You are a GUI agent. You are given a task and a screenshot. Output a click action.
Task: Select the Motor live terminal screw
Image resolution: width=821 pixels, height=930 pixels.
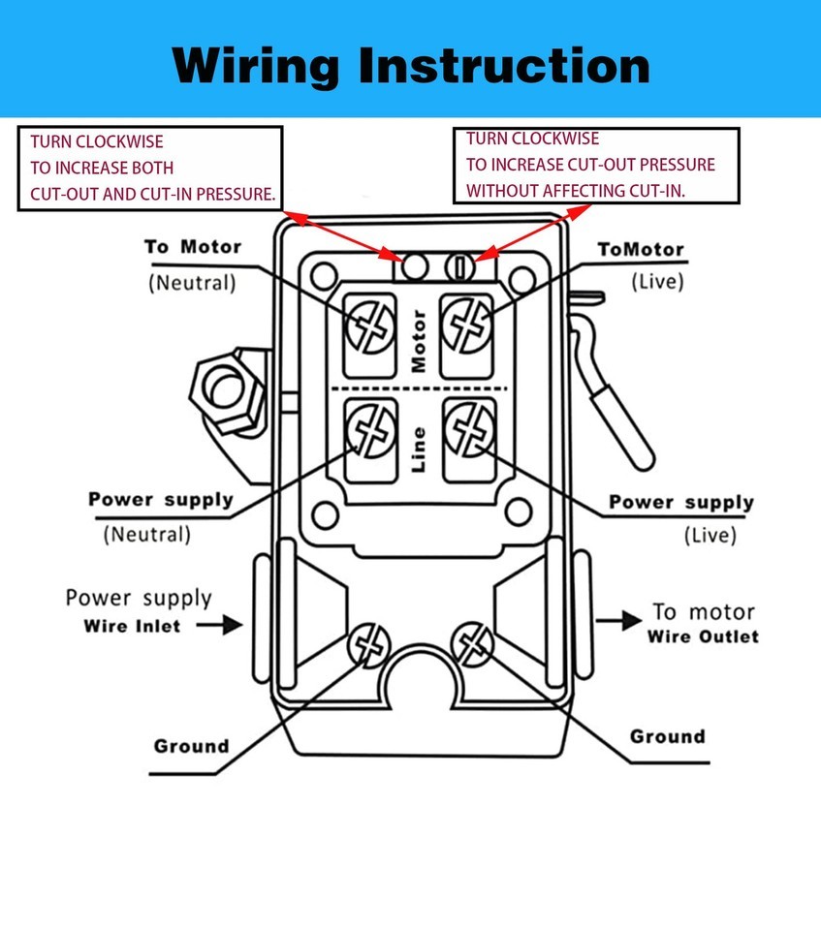[x=467, y=323]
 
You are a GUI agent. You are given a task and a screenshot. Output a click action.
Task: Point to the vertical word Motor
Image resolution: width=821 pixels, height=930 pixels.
[x=419, y=341]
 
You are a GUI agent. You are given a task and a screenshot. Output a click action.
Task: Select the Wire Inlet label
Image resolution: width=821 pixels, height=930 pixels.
[x=132, y=626]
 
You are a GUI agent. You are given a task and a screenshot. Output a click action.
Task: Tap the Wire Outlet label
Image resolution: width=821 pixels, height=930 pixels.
[x=703, y=636]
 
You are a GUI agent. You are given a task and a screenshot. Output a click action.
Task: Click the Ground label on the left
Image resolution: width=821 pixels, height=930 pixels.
[x=191, y=746]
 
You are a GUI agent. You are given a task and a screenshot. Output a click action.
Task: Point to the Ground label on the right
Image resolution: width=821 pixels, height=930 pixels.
[x=668, y=736]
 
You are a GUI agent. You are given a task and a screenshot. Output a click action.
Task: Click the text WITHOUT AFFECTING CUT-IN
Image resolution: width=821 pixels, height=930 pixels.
[x=576, y=191]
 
